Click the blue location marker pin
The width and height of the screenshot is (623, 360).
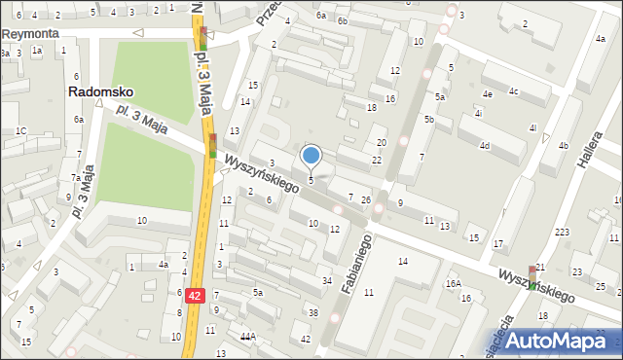click(311, 156)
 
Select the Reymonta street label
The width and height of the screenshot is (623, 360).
click(30, 33)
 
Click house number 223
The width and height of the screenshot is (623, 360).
click(562, 232)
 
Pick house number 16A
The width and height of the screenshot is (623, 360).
click(453, 283)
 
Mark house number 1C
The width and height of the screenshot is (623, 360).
click(20, 130)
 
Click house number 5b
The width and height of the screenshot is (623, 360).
click(428, 119)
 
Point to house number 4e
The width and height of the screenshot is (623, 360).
click(486, 93)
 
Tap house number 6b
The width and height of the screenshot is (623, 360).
click(342, 20)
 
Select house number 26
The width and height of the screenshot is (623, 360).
click(366, 200)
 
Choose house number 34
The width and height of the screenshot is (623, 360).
click(326, 281)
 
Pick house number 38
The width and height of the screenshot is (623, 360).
click(312, 312)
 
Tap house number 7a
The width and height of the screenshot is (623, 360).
click(75, 178)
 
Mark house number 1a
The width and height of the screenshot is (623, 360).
click(37, 50)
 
